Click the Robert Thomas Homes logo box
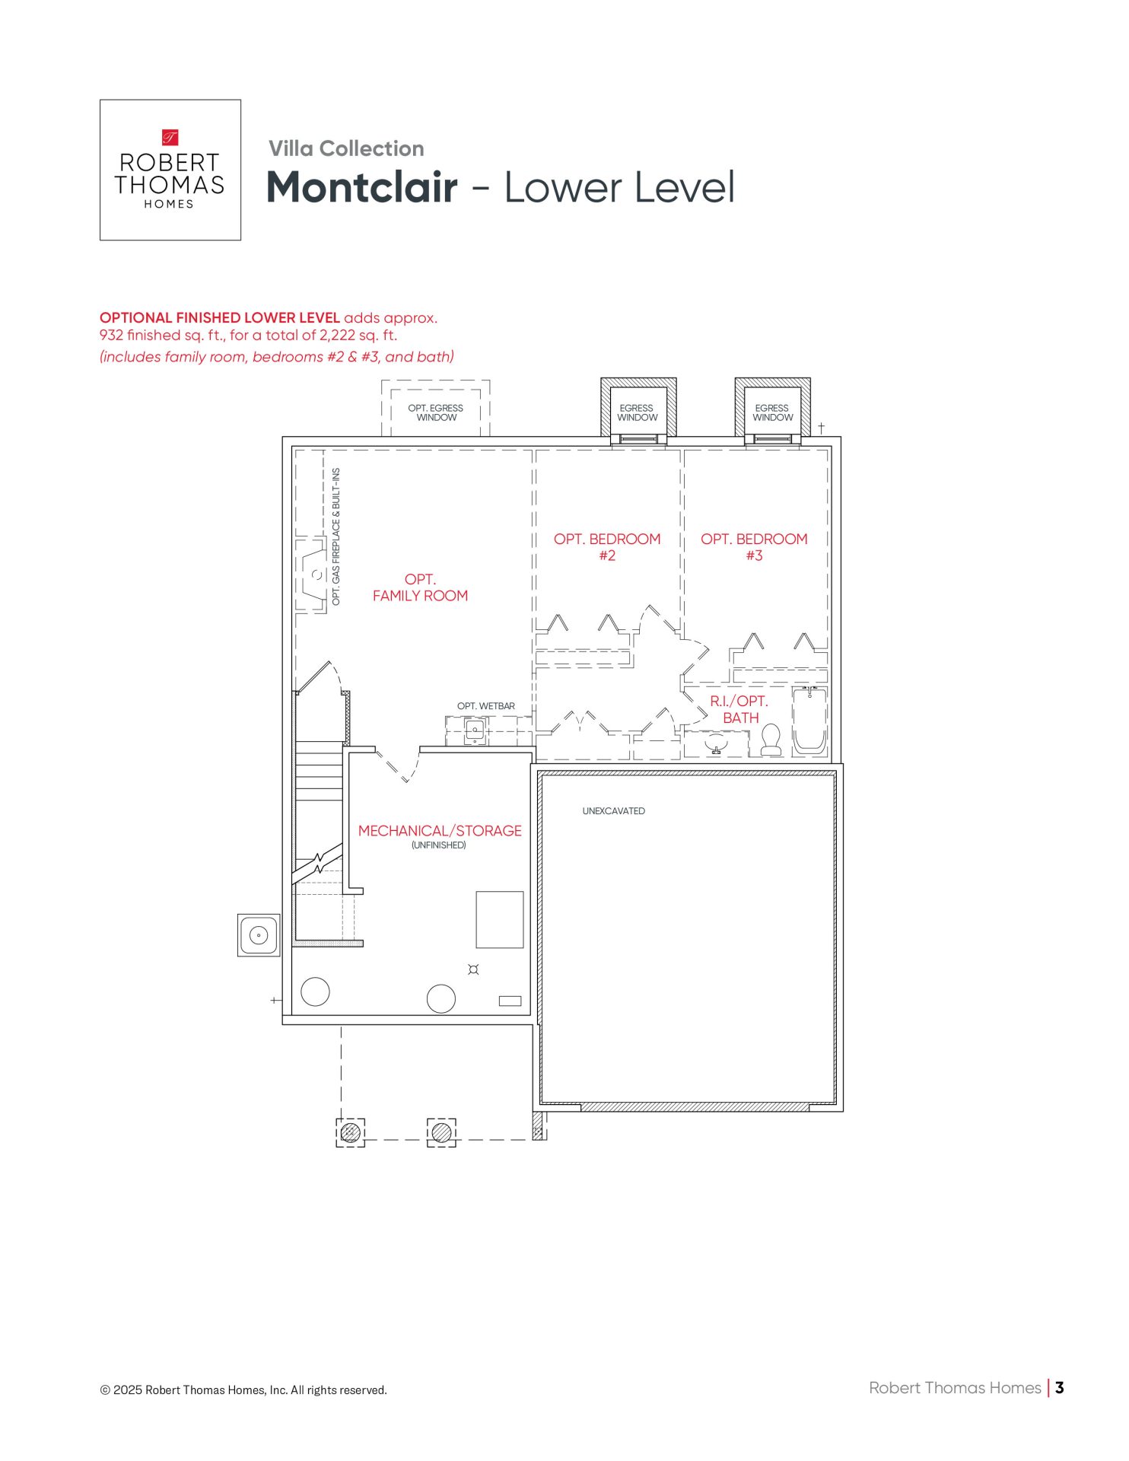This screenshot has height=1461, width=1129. coord(170,170)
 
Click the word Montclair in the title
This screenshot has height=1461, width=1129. coord(362,187)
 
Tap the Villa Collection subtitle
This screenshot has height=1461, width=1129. coord(346,148)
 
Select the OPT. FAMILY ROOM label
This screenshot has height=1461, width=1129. coord(420,587)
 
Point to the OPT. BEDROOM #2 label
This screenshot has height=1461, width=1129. coord(607,547)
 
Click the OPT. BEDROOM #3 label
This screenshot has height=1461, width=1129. coord(754,547)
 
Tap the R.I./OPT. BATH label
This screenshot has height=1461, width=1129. coord(740,709)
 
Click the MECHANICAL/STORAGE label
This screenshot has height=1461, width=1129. coord(440,831)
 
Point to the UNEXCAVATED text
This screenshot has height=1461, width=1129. coord(614,811)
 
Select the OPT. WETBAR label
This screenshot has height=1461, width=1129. coord(486,706)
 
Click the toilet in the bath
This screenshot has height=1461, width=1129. coord(771,739)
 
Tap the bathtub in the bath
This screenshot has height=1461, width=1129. coord(809,721)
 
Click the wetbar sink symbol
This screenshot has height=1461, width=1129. coord(475,732)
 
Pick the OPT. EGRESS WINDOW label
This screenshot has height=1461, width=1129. coord(436,412)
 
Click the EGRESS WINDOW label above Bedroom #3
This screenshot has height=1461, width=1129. coord(772,412)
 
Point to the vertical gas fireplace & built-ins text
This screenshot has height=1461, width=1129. coord(336,536)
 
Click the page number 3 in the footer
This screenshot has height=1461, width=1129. coord(1060,1388)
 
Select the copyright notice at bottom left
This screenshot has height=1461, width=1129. coord(243,1390)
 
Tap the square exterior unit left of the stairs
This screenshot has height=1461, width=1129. coord(259,935)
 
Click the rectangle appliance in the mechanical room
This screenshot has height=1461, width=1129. coord(500,920)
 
